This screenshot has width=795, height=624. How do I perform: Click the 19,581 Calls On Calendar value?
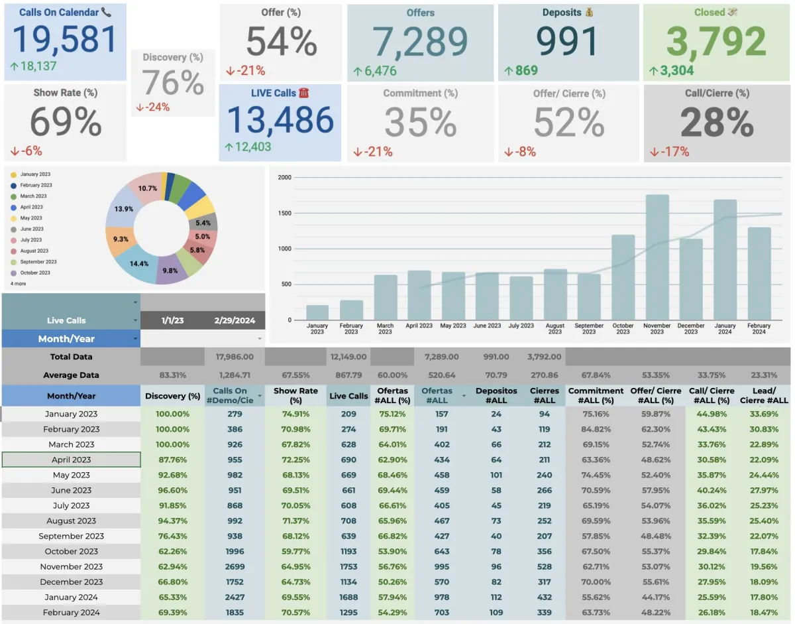pyautogui.click(x=65, y=39)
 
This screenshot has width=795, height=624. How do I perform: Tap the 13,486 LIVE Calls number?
pyautogui.click(x=280, y=120)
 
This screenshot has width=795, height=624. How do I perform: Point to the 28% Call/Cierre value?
pyautogui.click(x=717, y=123)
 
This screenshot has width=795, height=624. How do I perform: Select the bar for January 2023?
pyautogui.click(x=317, y=312)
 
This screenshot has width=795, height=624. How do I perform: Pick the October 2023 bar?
pyautogui.click(x=623, y=277)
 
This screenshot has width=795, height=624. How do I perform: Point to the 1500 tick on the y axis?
pyautogui.click(x=285, y=214)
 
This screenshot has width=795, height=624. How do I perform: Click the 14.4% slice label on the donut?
pyautogui.click(x=138, y=263)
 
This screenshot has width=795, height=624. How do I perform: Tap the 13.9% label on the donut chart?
pyautogui.click(x=124, y=209)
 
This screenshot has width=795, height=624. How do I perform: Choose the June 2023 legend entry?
pyautogui.click(x=32, y=229)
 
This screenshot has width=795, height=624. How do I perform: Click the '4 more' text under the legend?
pyautogui.click(x=19, y=283)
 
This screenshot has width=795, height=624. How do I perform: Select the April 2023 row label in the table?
pyautogui.click(x=71, y=460)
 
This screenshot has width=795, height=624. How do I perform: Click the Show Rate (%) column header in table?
pyautogui.click(x=295, y=396)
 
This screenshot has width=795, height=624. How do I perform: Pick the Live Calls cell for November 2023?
pyautogui.click(x=348, y=566)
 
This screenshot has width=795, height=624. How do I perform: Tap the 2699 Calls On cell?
pyautogui.click(x=235, y=566)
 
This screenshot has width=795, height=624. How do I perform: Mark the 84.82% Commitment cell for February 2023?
pyautogui.click(x=596, y=429)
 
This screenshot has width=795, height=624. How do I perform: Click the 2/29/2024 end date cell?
pyautogui.click(x=235, y=320)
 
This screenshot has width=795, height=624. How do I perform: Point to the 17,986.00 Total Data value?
pyautogui.click(x=235, y=357)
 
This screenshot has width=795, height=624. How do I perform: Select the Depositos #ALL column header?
pyautogui.click(x=496, y=396)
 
